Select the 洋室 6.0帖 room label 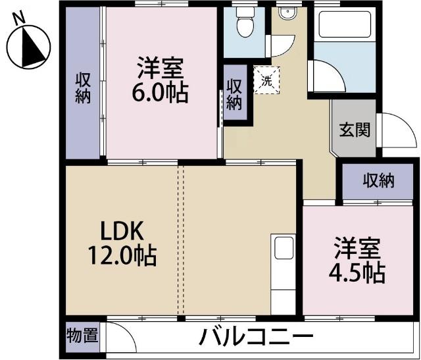161,80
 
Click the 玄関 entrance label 354,130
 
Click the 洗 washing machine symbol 266,81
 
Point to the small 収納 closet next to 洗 234,93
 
